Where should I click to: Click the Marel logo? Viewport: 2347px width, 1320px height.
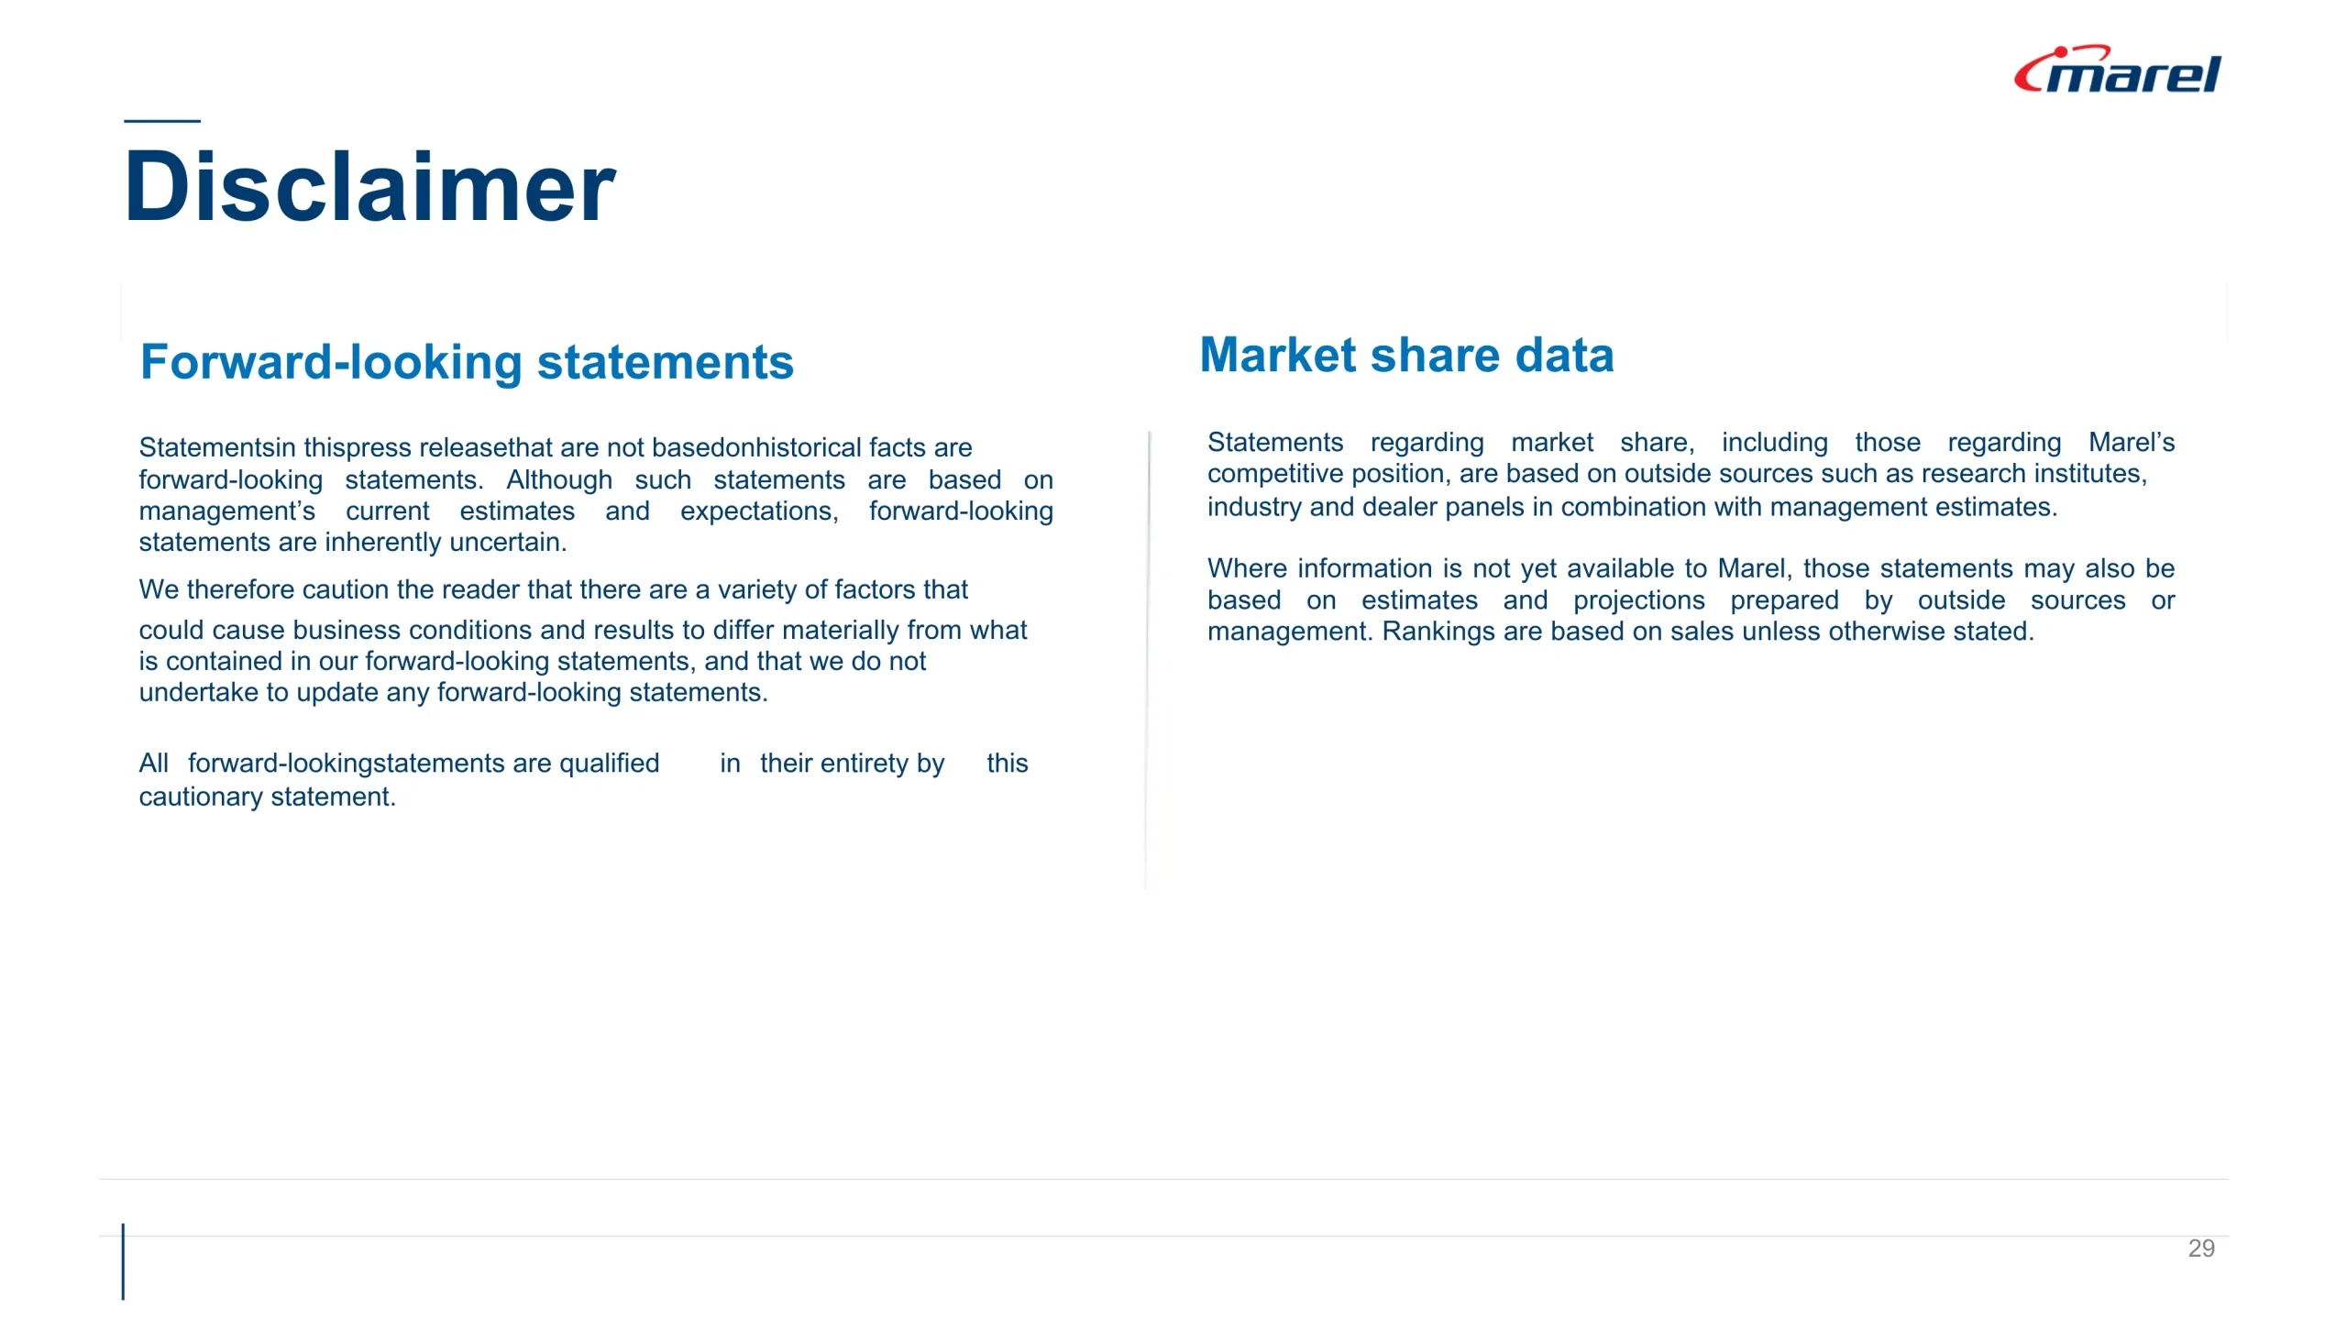[2117, 70]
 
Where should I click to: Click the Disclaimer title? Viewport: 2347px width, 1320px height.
[369, 187]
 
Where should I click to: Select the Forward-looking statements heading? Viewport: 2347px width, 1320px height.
[467, 362]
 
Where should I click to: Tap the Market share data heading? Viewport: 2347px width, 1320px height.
[1406, 355]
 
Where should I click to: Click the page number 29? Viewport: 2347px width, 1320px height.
[2201, 1248]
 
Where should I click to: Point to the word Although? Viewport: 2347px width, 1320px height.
[559, 479]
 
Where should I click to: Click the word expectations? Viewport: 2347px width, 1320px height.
[759, 511]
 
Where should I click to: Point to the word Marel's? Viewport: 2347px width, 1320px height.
[2132, 442]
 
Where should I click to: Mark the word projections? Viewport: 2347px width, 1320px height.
[1639, 600]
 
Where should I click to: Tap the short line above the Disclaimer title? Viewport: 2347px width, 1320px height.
[162, 121]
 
